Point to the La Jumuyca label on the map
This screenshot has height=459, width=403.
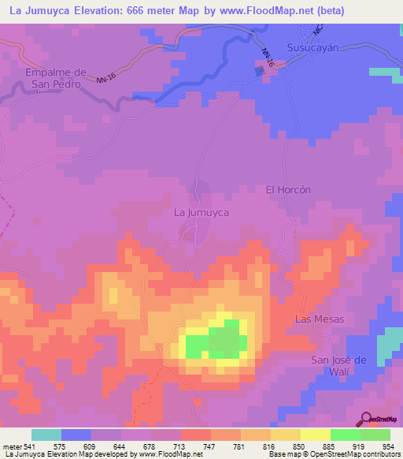pos(201,213)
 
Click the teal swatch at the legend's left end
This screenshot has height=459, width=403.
pos(46,435)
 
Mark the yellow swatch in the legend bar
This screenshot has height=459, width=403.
pos(315,435)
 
